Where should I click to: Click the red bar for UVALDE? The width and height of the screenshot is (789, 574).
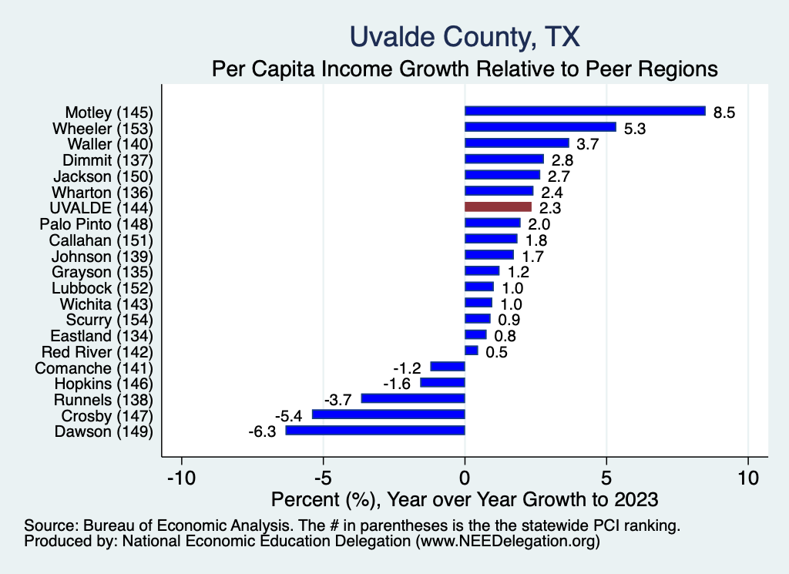(498, 207)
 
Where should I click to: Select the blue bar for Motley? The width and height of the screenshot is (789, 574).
(585, 111)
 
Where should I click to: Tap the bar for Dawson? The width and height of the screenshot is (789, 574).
(375, 431)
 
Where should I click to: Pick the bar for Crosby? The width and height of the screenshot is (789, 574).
(388, 415)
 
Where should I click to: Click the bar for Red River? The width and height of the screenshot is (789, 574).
(472, 351)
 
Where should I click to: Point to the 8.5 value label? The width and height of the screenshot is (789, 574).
(725, 112)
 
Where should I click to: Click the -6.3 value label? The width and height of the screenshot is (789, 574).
(262, 431)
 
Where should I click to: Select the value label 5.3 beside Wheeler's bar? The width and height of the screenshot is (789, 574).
(635, 128)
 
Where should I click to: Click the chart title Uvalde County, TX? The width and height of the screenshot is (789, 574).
(464, 36)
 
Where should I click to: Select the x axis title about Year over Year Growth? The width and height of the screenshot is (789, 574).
(465, 499)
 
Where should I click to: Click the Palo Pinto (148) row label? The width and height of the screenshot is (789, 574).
(96, 223)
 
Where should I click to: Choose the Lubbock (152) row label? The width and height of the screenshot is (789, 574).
(102, 287)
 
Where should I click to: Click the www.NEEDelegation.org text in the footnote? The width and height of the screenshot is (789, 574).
(508, 542)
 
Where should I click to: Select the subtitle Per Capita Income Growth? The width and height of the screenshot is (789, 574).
(465, 69)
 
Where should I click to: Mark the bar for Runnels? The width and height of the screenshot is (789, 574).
(413, 398)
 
